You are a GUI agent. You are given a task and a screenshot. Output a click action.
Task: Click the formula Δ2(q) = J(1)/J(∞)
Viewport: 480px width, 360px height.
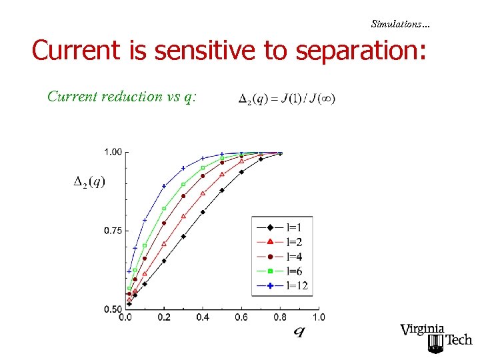pos(287,99)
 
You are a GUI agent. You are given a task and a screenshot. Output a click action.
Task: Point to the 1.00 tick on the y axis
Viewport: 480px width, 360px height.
pos(113,152)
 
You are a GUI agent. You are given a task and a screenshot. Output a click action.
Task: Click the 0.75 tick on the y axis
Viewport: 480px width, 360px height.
pos(113,231)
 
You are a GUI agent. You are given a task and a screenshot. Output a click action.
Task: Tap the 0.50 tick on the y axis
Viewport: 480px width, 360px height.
pos(113,309)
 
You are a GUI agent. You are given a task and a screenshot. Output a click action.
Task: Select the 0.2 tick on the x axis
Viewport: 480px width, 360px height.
pos(164,317)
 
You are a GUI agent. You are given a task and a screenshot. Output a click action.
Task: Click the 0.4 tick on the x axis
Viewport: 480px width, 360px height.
pos(203,317)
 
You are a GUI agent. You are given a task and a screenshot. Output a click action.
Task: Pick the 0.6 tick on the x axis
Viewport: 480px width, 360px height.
pos(241,317)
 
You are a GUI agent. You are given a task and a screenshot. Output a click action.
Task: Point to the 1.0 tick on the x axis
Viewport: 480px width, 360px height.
pos(319,317)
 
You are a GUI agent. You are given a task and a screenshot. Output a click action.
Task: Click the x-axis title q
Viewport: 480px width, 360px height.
pos(299,331)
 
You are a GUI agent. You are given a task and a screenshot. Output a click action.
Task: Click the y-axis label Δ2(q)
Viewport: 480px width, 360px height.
pos(89,181)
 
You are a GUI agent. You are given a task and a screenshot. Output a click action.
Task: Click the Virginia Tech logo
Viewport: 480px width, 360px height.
pos(435,337)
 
